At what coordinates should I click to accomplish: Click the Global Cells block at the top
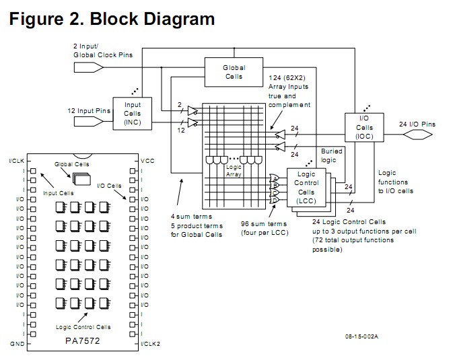[234, 71]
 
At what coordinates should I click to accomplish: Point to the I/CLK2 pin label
[150, 344]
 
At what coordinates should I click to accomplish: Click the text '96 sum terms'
[262, 224]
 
